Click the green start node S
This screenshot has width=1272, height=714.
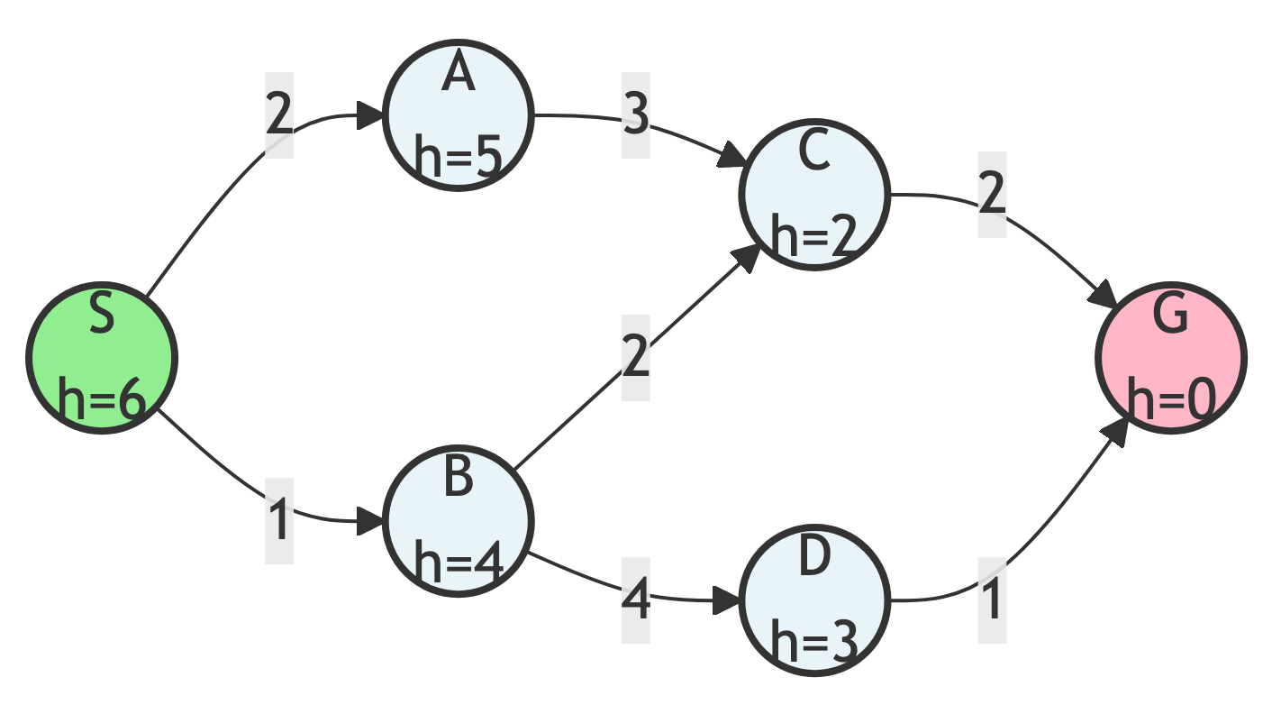tap(101, 357)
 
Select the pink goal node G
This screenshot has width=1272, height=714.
tap(1170, 357)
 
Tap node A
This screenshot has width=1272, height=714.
tap(459, 115)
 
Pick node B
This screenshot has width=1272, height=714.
tap(459, 520)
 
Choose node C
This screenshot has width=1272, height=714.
tap(814, 195)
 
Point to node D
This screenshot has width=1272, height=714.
tap(814, 600)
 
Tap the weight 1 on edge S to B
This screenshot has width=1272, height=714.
tap(279, 521)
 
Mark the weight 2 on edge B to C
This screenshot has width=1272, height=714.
tap(636, 358)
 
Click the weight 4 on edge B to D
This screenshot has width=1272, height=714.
tap(636, 600)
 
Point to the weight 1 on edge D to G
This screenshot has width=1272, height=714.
tap(992, 600)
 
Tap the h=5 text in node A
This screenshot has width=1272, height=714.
tap(459, 158)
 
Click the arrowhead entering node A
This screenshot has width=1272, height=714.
tap(370, 115)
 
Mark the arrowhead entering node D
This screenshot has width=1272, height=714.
tap(726, 600)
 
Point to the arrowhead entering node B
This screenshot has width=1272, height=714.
tap(370, 520)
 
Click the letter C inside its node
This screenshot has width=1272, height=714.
tap(814, 152)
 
